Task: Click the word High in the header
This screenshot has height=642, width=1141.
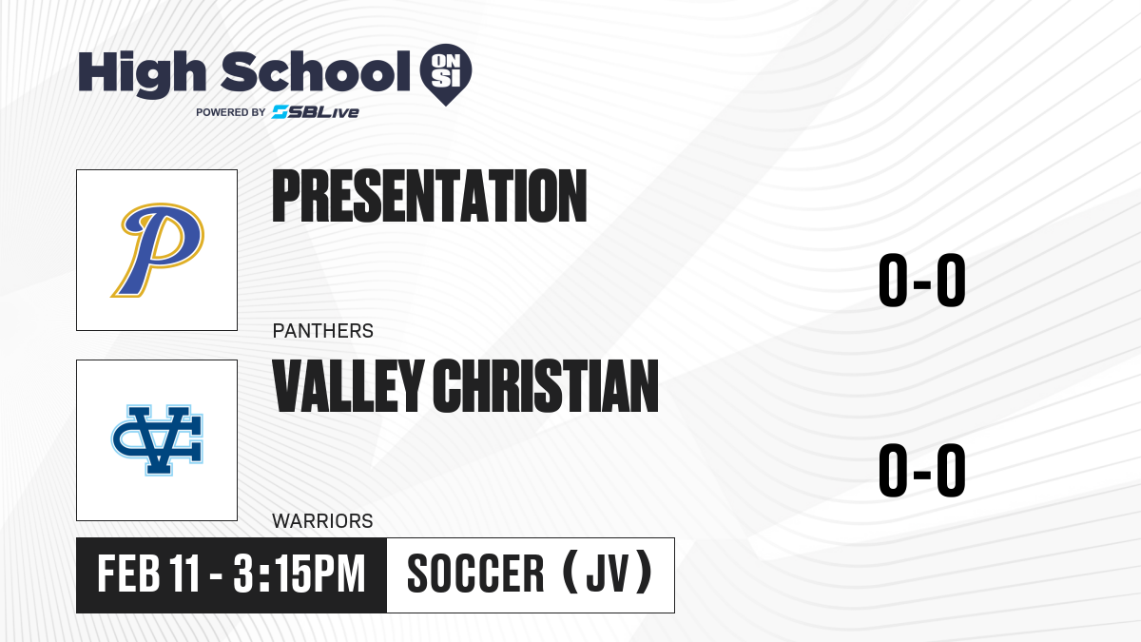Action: pos(142,73)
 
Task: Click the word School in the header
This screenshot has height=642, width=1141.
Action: pos(316,71)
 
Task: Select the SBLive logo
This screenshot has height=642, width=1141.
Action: pos(316,112)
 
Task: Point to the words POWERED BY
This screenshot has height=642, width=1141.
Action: pos(231,112)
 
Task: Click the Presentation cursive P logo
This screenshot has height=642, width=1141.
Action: pos(158,249)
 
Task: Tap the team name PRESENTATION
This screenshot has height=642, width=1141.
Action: pos(430,196)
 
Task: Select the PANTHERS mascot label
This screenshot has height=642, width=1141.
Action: pos(323,331)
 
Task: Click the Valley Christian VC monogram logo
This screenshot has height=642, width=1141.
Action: pos(158,440)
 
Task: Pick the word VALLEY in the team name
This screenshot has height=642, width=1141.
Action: pos(348,385)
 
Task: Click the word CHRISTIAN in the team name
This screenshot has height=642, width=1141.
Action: pos(546,385)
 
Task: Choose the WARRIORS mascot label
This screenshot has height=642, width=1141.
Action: pos(322,521)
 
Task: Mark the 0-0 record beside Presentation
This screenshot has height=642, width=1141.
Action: pos(922,281)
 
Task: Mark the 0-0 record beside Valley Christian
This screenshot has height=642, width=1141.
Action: pos(922,470)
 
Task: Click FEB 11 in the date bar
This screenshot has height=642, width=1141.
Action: pos(148,574)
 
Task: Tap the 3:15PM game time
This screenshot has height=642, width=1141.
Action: pos(300,574)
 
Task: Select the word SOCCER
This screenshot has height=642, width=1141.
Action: pos(475,574)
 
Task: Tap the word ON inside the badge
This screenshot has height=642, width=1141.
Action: pos(446,61)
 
